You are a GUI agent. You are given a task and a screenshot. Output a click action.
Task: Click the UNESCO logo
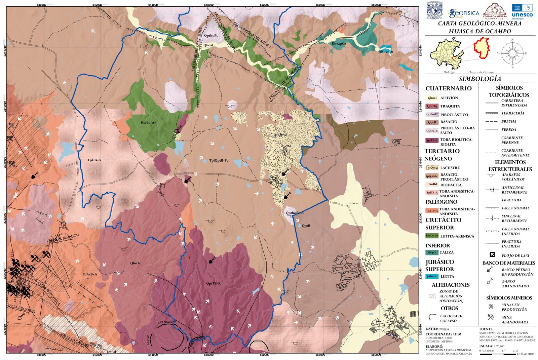point(522,11)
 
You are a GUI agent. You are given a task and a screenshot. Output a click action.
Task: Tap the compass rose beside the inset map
point(512,53)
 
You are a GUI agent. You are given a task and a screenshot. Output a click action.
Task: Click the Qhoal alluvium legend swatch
point(432,98)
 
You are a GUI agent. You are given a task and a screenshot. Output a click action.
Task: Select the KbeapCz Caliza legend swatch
point(432,252)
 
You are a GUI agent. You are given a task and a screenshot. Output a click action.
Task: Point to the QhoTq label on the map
point(136,263)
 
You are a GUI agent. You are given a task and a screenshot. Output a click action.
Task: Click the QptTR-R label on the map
point(214,283)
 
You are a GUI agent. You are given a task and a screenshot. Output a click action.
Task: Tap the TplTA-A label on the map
point(94,160)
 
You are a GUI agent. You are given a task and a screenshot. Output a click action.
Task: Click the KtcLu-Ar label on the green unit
point(148,123)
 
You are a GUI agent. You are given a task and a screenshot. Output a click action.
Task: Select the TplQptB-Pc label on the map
point(219,160)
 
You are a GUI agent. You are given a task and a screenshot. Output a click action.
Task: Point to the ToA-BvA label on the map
point(90,274)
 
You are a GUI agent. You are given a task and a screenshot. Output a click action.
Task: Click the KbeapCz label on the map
point(339,44)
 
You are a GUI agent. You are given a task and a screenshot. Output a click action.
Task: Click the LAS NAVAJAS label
point(167,322)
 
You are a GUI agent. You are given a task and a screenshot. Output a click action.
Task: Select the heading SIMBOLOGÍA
point(480,79)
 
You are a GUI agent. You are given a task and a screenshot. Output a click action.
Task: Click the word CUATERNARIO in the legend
point(449,88)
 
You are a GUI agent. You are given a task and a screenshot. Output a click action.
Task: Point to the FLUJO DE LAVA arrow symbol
point(492,255)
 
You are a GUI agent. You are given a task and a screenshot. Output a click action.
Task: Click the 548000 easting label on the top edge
point(208,5)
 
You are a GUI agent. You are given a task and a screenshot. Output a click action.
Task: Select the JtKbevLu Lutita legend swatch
point(432,276)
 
